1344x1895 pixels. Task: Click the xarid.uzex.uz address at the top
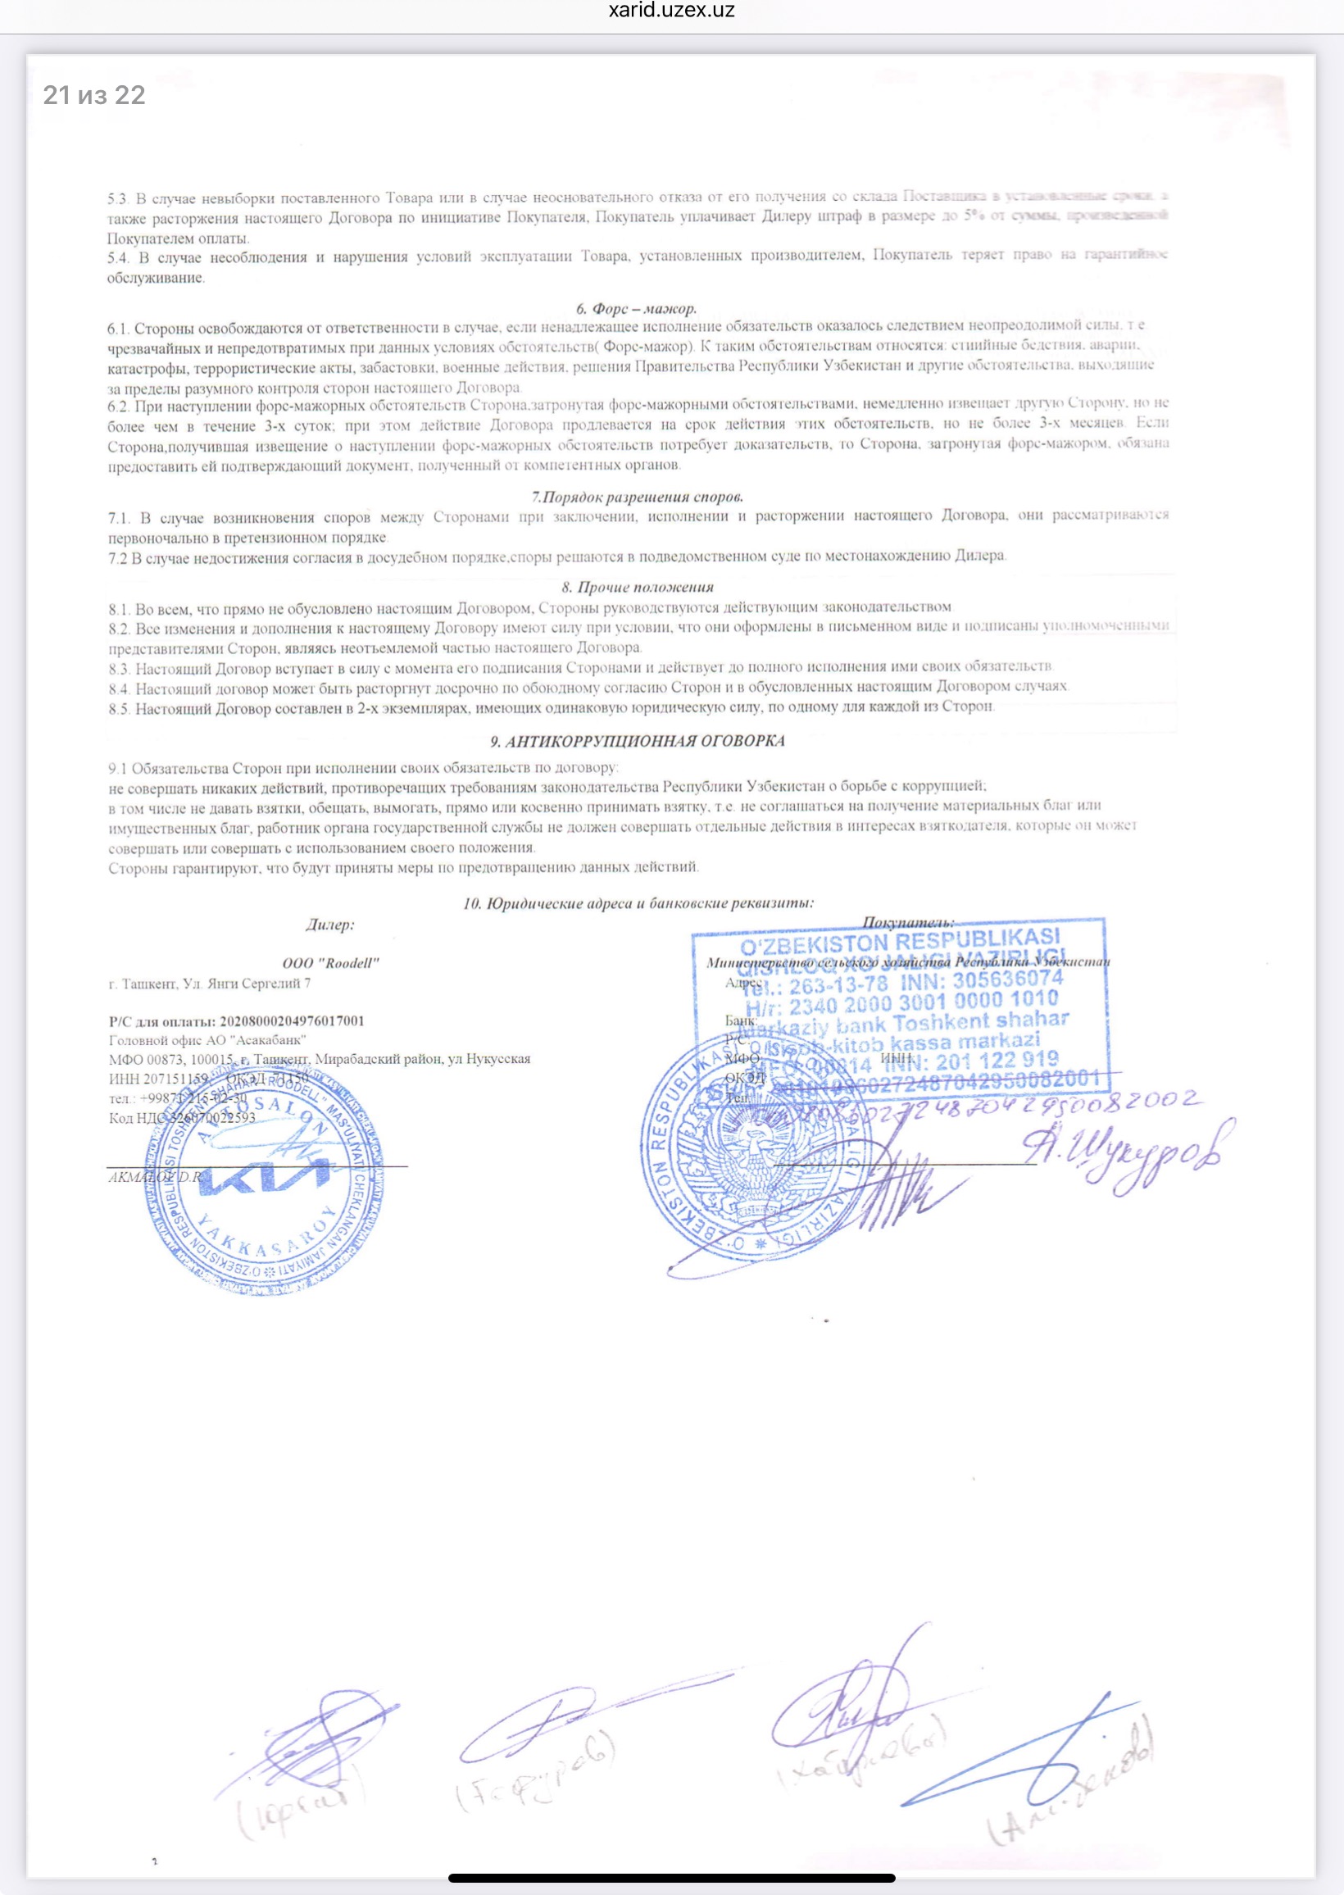pos(671,11)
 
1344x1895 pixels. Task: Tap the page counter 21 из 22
pos(94,95)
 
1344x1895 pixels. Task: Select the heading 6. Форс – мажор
pos(636,309)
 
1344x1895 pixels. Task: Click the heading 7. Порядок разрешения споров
pos(638,497)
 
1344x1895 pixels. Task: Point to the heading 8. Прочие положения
pos(638,587)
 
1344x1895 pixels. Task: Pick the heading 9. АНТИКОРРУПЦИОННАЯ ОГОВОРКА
pos(638,741)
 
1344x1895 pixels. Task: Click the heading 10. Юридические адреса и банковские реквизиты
pos(638,902)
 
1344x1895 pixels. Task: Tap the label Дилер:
pos(329,925)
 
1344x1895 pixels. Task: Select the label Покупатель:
pos(908,922)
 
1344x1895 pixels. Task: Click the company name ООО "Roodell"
pos(330,962)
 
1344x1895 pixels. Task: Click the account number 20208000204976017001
pos(291,1020)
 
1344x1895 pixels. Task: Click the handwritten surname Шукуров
pos(1126,1152)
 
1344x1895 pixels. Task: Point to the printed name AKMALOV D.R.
pos(156,1177)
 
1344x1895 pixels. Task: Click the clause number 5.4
pos(118,258)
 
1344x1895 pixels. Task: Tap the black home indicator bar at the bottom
pos(671,1878)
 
